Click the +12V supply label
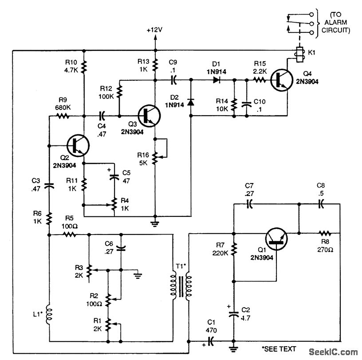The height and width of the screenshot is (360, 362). tap(155, 31)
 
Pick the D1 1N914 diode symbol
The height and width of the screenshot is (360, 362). tap(217, 80)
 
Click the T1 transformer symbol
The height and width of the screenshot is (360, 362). tap(180, 287)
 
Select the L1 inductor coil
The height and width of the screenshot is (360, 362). tap(49, 313)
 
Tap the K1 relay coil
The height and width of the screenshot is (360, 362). tap(299, 54)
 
